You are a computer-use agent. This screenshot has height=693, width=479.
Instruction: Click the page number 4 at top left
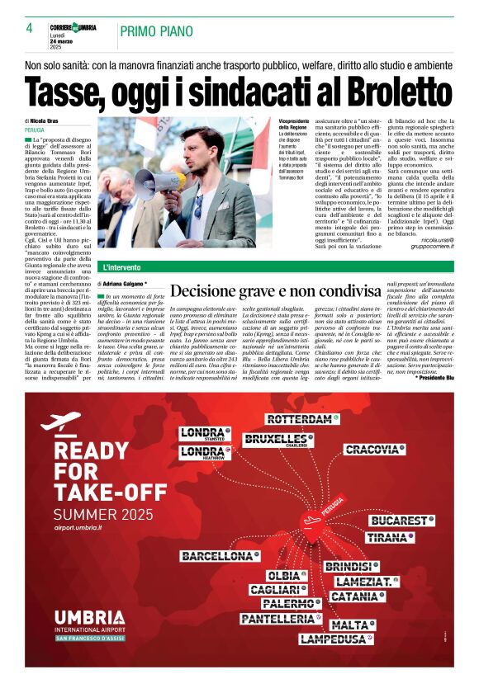(x=29, y=28)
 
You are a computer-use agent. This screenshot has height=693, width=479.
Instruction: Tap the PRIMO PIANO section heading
(x=158, y=31)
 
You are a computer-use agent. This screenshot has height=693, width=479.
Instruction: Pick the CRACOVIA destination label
(x=372, y=450)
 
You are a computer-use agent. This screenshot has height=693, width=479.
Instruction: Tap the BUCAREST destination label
(x=401, y=521)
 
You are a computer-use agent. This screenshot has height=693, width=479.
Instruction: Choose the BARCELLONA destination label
(x=218, y=556)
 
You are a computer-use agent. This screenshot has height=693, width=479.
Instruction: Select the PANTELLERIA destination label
(x=278, y=618)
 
